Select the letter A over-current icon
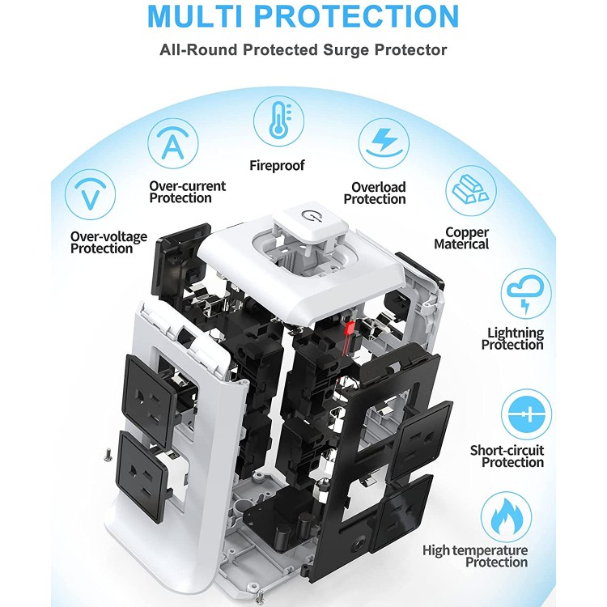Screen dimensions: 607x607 point(172,144)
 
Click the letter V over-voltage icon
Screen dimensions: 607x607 point(91,194)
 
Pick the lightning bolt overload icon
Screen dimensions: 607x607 point(383,143)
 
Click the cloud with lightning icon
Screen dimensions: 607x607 point(525,294)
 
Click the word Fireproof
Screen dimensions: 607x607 point(277,166)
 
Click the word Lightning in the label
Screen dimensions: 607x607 point(515,333)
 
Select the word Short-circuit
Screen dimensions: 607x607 point(507,451)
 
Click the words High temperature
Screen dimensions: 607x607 point(475,551)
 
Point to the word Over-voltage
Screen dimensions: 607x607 point(108,237)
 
